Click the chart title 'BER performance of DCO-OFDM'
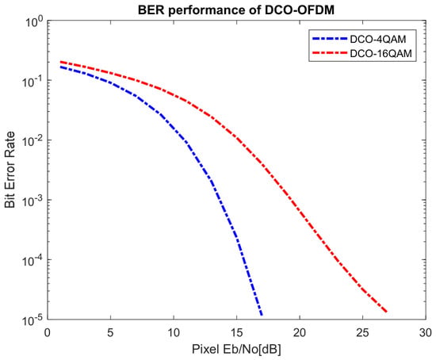coord(236,10)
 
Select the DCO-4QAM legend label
coord(378,39)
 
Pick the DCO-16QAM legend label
coord(381,53)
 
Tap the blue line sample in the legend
coord(330,39)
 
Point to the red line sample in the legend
coord(330,52)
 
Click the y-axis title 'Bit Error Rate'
coord(10,170)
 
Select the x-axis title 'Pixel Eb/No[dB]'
coord(236,349)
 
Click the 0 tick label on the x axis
coord(48,333)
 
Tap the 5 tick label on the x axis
coord(111,333)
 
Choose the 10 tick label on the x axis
coord(174,333)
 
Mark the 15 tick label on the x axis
coord(237,333)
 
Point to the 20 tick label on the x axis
coord(300,333)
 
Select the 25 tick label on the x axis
coord(362,333)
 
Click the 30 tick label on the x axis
coord(426,333)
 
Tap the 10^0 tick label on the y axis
coord(33,21)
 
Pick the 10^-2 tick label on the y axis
coord(33,141)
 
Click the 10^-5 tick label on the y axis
coord(33,320)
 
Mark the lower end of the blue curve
coord(262,316)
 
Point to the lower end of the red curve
coord(387,312)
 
